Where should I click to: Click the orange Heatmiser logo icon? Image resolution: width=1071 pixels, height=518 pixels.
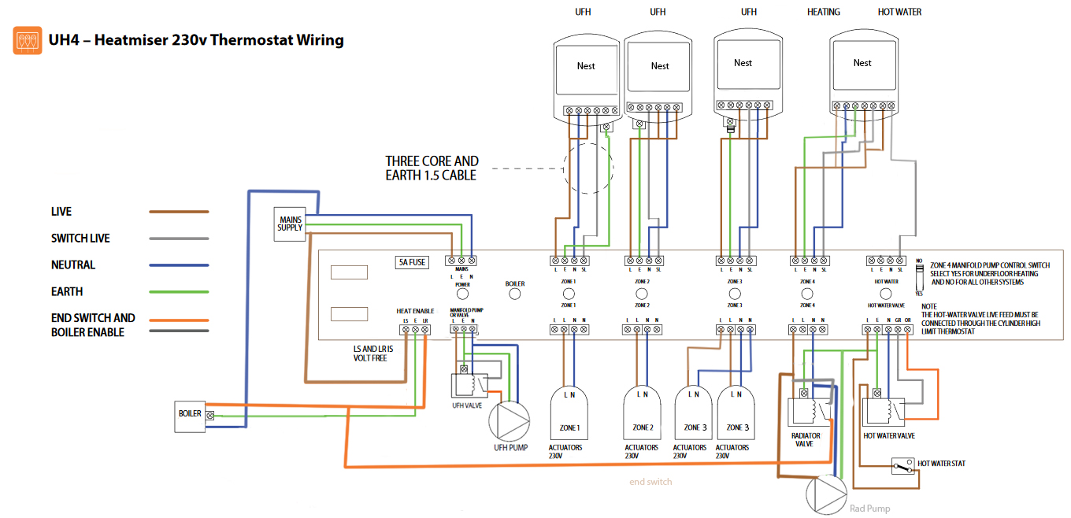[28, 40]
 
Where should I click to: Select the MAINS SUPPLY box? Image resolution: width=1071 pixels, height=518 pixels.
[289, 224]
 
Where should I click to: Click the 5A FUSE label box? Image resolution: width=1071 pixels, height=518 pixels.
[412, 262]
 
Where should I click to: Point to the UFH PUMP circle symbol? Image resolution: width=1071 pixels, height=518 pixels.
[510, 420]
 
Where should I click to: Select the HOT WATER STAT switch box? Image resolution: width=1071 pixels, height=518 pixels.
[902, 466]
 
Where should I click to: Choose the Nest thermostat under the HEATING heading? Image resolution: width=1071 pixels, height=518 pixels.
[862, 79]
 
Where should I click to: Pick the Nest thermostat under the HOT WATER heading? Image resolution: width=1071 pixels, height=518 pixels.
[862, 79]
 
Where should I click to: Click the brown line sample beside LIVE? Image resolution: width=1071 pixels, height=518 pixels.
[179, 212]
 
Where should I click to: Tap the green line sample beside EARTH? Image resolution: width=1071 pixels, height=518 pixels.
[179, 292]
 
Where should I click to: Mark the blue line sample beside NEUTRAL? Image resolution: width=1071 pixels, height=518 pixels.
[179, 265]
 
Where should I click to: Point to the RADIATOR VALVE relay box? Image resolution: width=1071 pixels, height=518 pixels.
[809, 414]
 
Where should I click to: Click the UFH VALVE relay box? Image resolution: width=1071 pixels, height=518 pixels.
[467, 386]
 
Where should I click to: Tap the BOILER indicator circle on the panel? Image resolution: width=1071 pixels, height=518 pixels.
[515, 294]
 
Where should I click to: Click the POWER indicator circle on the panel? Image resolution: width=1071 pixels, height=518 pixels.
[462, 294]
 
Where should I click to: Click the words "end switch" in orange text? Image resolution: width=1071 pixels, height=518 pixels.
[650, 481]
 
